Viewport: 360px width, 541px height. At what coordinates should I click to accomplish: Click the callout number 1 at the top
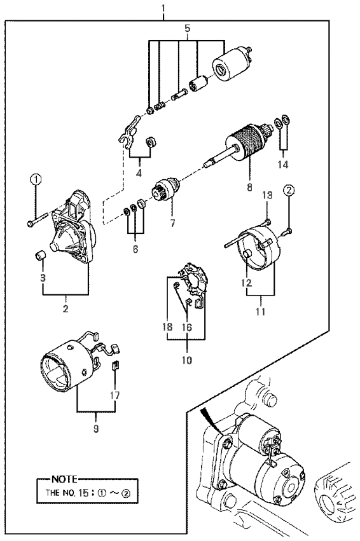click(x=164, y=8)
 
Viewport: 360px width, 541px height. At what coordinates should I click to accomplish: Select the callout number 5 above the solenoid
click(x=188, y=29)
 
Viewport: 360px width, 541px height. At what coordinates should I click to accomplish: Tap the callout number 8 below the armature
click(x=249, y=187)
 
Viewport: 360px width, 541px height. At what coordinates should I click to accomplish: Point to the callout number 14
click(x=283, y=164)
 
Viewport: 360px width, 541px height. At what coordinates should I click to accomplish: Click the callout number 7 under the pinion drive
click(x=172, y=223)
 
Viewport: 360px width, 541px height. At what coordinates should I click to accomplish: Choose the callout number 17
click(x=115, y=395)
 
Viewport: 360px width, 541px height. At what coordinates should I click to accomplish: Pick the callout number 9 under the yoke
click(x=96, y=428)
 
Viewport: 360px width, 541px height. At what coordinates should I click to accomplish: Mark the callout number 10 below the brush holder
click(x=187, y=360)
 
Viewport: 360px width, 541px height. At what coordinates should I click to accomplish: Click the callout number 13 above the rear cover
click(x=267, y=196)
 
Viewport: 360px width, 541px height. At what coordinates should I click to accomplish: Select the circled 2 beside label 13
click(x=289, y=189)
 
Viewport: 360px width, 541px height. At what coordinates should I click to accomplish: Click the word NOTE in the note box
click(x=64, y=479)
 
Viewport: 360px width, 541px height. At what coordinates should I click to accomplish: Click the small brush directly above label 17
click(x=116, y=366)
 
